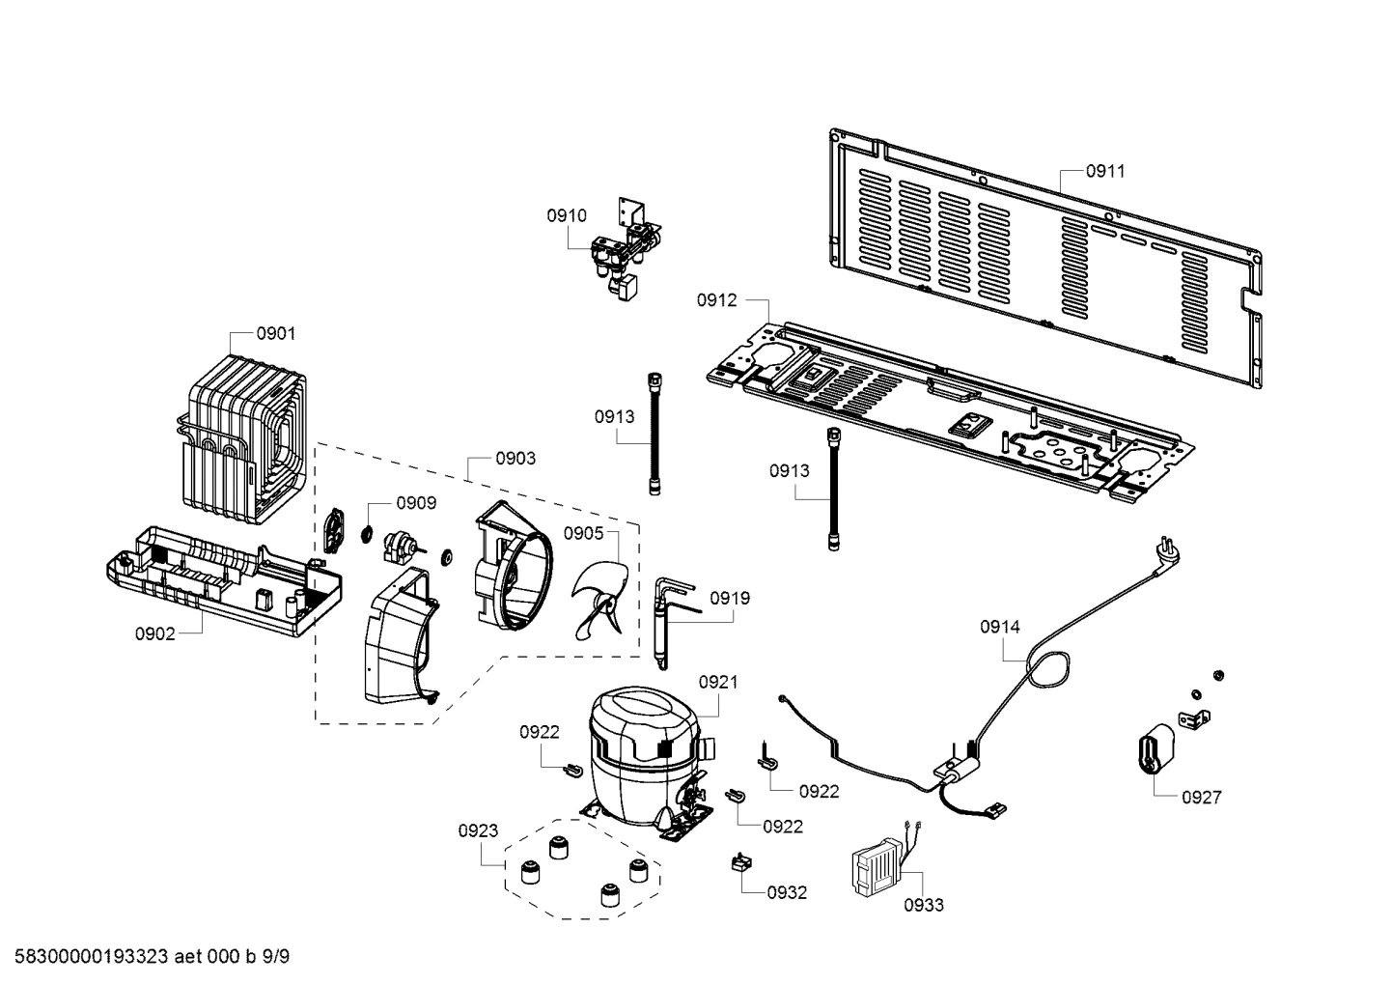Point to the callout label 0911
[1105, 171]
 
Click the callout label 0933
[924, 905]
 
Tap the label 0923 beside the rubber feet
[479, 830]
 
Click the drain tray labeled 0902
[222, 578]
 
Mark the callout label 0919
[730, 598]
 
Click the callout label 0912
[716, 300]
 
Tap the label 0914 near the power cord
[999, 627]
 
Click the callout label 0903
[515, 458]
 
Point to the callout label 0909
[416, 502]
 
